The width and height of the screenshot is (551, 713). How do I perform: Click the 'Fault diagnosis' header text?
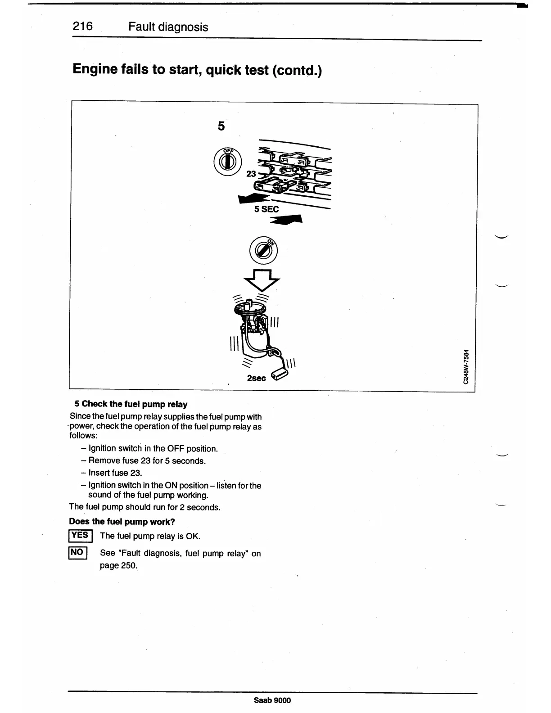coord(168,27)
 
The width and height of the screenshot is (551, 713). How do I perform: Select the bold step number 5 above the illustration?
coord(221,126)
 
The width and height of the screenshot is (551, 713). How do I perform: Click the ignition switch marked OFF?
coord(228,161)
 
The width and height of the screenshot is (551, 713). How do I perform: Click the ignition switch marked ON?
coord(263,249)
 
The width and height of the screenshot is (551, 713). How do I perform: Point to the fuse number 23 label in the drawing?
coord(251,174)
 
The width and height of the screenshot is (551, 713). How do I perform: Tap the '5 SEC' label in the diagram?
coord(266,209)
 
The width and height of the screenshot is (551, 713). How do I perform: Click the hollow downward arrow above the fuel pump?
coord(262,280)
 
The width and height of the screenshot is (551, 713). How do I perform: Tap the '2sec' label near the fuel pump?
coord(256,378)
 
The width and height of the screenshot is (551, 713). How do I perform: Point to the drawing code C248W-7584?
coord(467,367)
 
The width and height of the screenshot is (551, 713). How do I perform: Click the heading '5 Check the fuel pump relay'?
coord(131,404)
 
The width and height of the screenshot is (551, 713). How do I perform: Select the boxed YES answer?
coord(80,536)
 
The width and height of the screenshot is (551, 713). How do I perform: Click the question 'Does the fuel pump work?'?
coord(122,522)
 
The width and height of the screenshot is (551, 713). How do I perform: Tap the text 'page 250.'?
coord(118,565)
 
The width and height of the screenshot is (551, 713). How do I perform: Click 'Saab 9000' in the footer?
coord(272,700)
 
